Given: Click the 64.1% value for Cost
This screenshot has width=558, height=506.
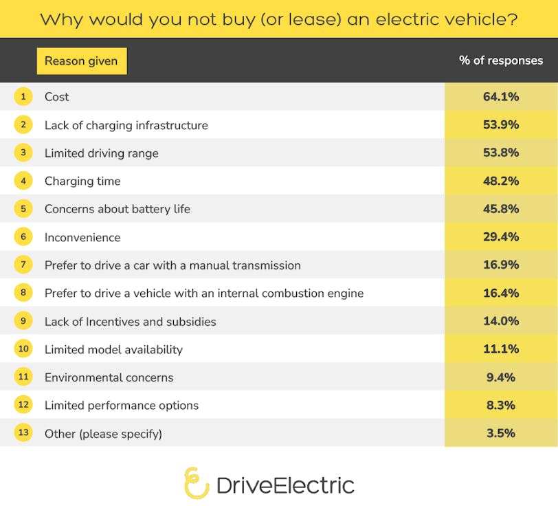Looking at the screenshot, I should click(x=500, y=97).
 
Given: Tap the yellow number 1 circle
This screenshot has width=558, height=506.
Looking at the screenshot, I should click(x=23, y=97).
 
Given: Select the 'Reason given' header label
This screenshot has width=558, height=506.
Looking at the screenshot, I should click(x=81, y=61).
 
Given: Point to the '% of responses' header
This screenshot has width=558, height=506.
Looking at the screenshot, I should click(x=501, y=60).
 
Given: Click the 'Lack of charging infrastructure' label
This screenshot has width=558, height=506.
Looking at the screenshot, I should click(x=126, y=125).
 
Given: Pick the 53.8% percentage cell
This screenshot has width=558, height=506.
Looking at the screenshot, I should click(x=500, y=153).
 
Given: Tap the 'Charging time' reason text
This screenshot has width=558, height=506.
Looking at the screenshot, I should click(x=82, y=181).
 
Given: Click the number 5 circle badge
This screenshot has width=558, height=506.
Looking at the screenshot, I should click(x=23, y=209).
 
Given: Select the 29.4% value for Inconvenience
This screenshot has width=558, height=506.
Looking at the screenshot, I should click(x=500, y=237).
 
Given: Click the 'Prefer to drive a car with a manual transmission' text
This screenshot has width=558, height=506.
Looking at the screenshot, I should click(x=172, y=265).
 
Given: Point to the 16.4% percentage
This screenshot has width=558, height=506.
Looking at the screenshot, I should click(x=500, y=293).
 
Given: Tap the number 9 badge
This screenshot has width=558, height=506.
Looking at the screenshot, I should click(x=23, y=321).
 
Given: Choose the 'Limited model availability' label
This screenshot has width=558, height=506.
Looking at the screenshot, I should click(x=113, y=349).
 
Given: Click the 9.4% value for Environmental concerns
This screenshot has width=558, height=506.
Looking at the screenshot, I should click(x=500, y=377).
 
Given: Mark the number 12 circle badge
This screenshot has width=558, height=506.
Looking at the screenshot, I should click(x=23, y=405).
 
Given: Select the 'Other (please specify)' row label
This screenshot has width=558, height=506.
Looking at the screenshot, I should click(x=103, y=434).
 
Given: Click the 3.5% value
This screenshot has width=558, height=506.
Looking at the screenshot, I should click(x=500, y=434).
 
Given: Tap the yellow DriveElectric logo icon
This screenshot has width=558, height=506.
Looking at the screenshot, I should click(x=197, y=483).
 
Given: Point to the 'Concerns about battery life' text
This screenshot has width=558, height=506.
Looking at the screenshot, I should click(x=117, y=209).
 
